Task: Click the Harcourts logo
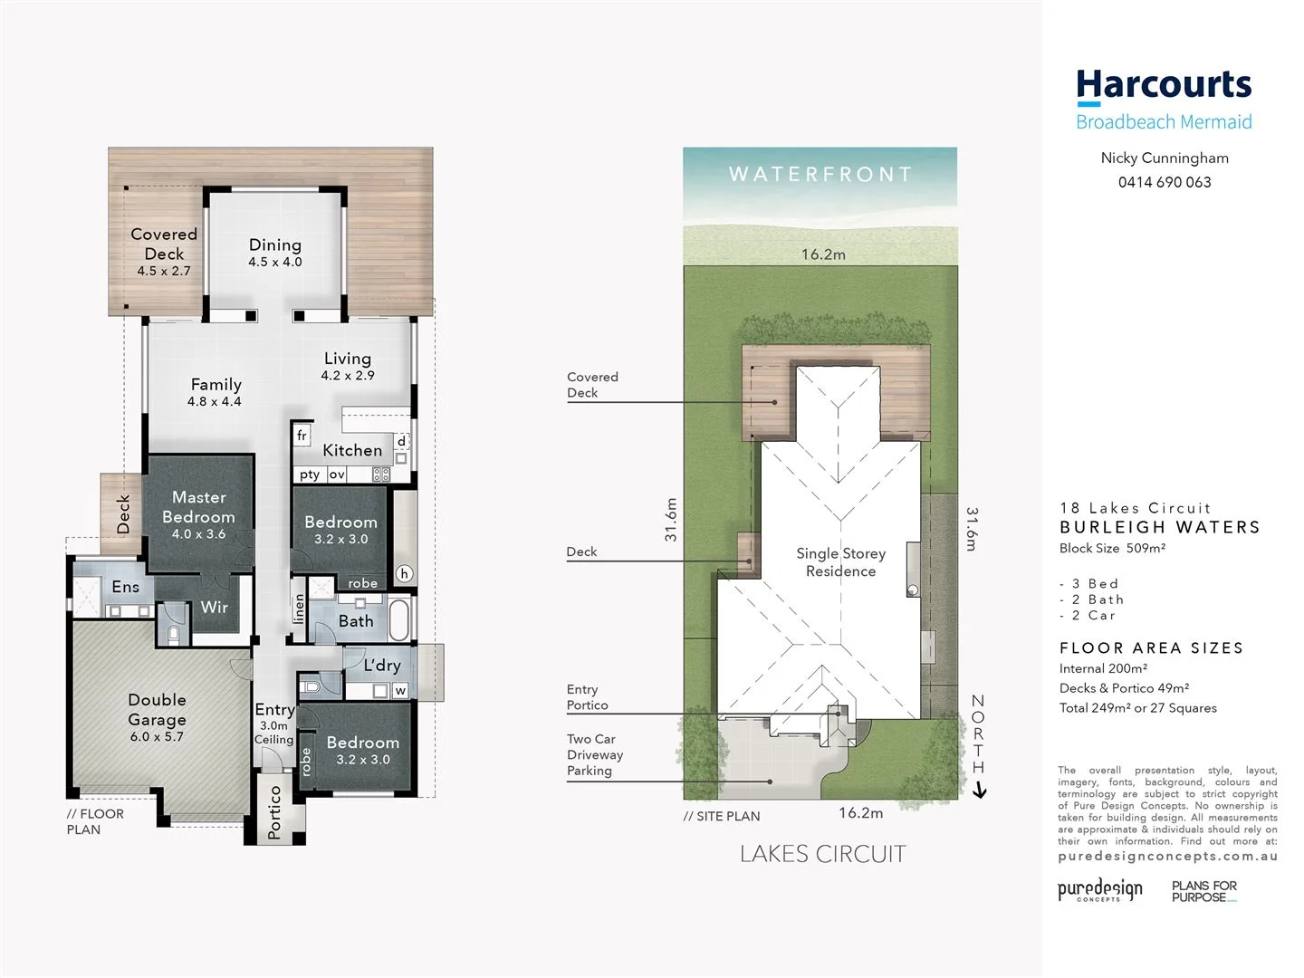(1164, 86)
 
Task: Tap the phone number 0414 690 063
(1165, 182)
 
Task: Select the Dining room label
(275, 245)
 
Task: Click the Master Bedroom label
(199, 507)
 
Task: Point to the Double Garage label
(158, 710)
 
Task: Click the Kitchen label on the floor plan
(352, 450)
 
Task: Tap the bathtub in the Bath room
(399, 619)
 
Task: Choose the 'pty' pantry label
(310, 475)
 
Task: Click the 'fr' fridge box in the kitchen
(302, 436)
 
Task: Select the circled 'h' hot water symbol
(404, 573)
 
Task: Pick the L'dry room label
(382, 666)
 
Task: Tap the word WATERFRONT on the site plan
(820, 174)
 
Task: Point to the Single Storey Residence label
(841, 562)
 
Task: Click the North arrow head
(979, 792)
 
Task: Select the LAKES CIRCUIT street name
(822, 854)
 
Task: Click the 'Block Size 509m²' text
(1112, 548)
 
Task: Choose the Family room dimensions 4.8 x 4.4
(215, 402)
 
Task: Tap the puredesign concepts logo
(1100, 889)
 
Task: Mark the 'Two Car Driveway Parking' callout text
(595, 755)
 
